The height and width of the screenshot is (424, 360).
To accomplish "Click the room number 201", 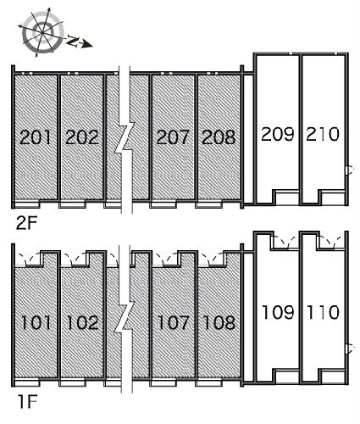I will point(36,137).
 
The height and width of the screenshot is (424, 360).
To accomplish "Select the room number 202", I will point(81,137).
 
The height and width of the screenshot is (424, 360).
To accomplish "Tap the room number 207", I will point(173,137).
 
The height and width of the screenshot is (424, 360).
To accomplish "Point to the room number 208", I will point(219,137).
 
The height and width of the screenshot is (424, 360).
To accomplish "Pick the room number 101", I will point(36,322).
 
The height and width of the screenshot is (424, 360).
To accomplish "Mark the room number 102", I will point(81,322).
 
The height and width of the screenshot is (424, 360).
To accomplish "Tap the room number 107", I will point(173,322).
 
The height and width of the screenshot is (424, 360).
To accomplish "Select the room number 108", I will point(219,322).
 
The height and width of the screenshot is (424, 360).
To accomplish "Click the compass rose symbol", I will point(40,30).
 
